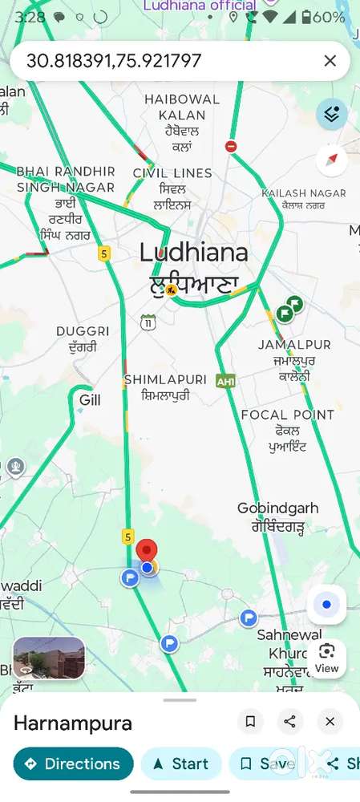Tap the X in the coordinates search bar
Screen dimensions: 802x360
click(x=330, y=61)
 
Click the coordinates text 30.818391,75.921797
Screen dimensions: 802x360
click(x=114, y=61)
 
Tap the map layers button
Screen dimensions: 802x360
click(x=331, y=115)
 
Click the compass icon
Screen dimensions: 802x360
click(x=331, y=160)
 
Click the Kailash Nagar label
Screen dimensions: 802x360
click(x=304, y=193)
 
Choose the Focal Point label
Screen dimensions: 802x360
click(x=287, y=415)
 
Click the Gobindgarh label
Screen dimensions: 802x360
click(x=277, y=508)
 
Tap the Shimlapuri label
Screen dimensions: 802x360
click(x=165, y=379)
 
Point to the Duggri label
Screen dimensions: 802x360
click(x=83, y=331)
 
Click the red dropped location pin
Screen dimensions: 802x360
click(x=147, y=552)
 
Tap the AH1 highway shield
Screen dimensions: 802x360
click(x=226, y=382)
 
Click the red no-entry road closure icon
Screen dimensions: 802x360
click(x=231, y=146)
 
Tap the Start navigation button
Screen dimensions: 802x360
click(x=181, y=764)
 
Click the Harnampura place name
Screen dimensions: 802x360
click(x=73, y=723)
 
